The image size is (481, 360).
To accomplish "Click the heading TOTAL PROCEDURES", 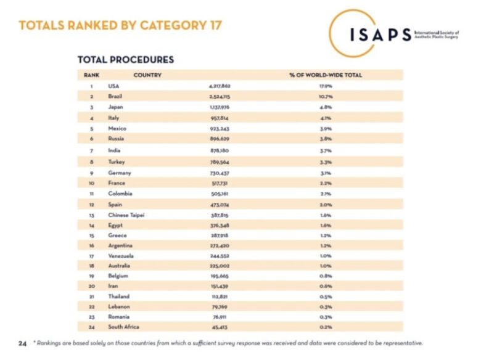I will point(125,60).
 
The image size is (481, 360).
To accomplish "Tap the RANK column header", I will point(91,75).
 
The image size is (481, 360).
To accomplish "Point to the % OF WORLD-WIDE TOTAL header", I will point(326,75).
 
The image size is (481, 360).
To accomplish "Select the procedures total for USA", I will point(220,86).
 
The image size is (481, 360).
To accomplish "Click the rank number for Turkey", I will point(91,162).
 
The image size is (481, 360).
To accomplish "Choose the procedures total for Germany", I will point(220,173).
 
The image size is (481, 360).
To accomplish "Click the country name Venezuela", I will point(121,255).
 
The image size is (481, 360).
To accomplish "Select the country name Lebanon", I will point(118,306).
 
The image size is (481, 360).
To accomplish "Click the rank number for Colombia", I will point(91,194).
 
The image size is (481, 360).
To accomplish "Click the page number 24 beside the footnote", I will point(22,343).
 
